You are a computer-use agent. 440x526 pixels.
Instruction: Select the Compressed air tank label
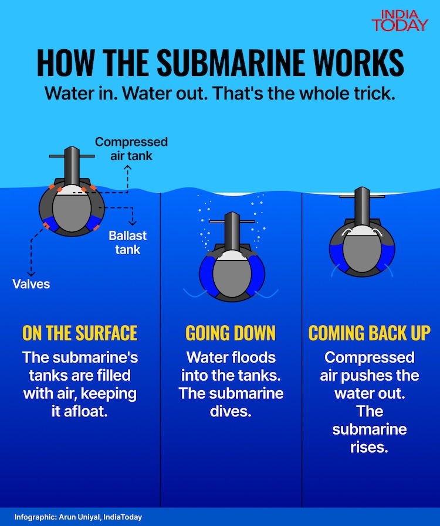point(131,149)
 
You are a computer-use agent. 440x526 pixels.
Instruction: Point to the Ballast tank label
point(127,242)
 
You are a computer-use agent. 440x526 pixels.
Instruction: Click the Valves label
point(31,284)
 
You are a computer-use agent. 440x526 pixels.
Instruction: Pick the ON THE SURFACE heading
point(80,333)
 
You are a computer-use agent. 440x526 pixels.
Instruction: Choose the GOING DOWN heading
point(231,333)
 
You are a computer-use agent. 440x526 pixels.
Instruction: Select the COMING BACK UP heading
point(370,333)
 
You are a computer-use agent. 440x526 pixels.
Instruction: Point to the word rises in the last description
point(370,448)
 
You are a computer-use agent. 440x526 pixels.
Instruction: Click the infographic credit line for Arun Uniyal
point(78,517)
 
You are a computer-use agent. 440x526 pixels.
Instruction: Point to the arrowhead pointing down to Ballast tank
point(134,223)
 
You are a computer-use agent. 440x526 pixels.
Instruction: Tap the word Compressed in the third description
point(370,357)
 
